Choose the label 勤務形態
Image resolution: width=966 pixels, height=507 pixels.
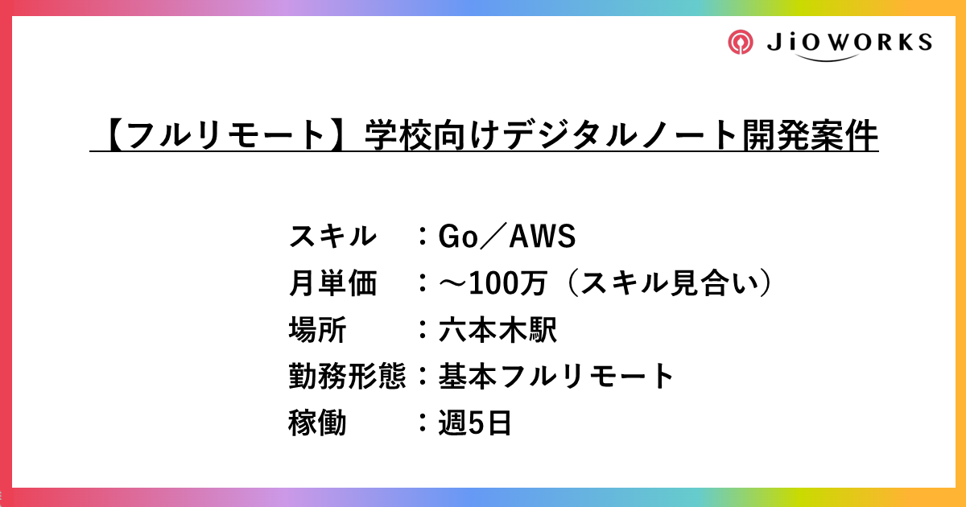point(346,376)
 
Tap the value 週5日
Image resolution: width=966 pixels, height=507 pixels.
point(475,422)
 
